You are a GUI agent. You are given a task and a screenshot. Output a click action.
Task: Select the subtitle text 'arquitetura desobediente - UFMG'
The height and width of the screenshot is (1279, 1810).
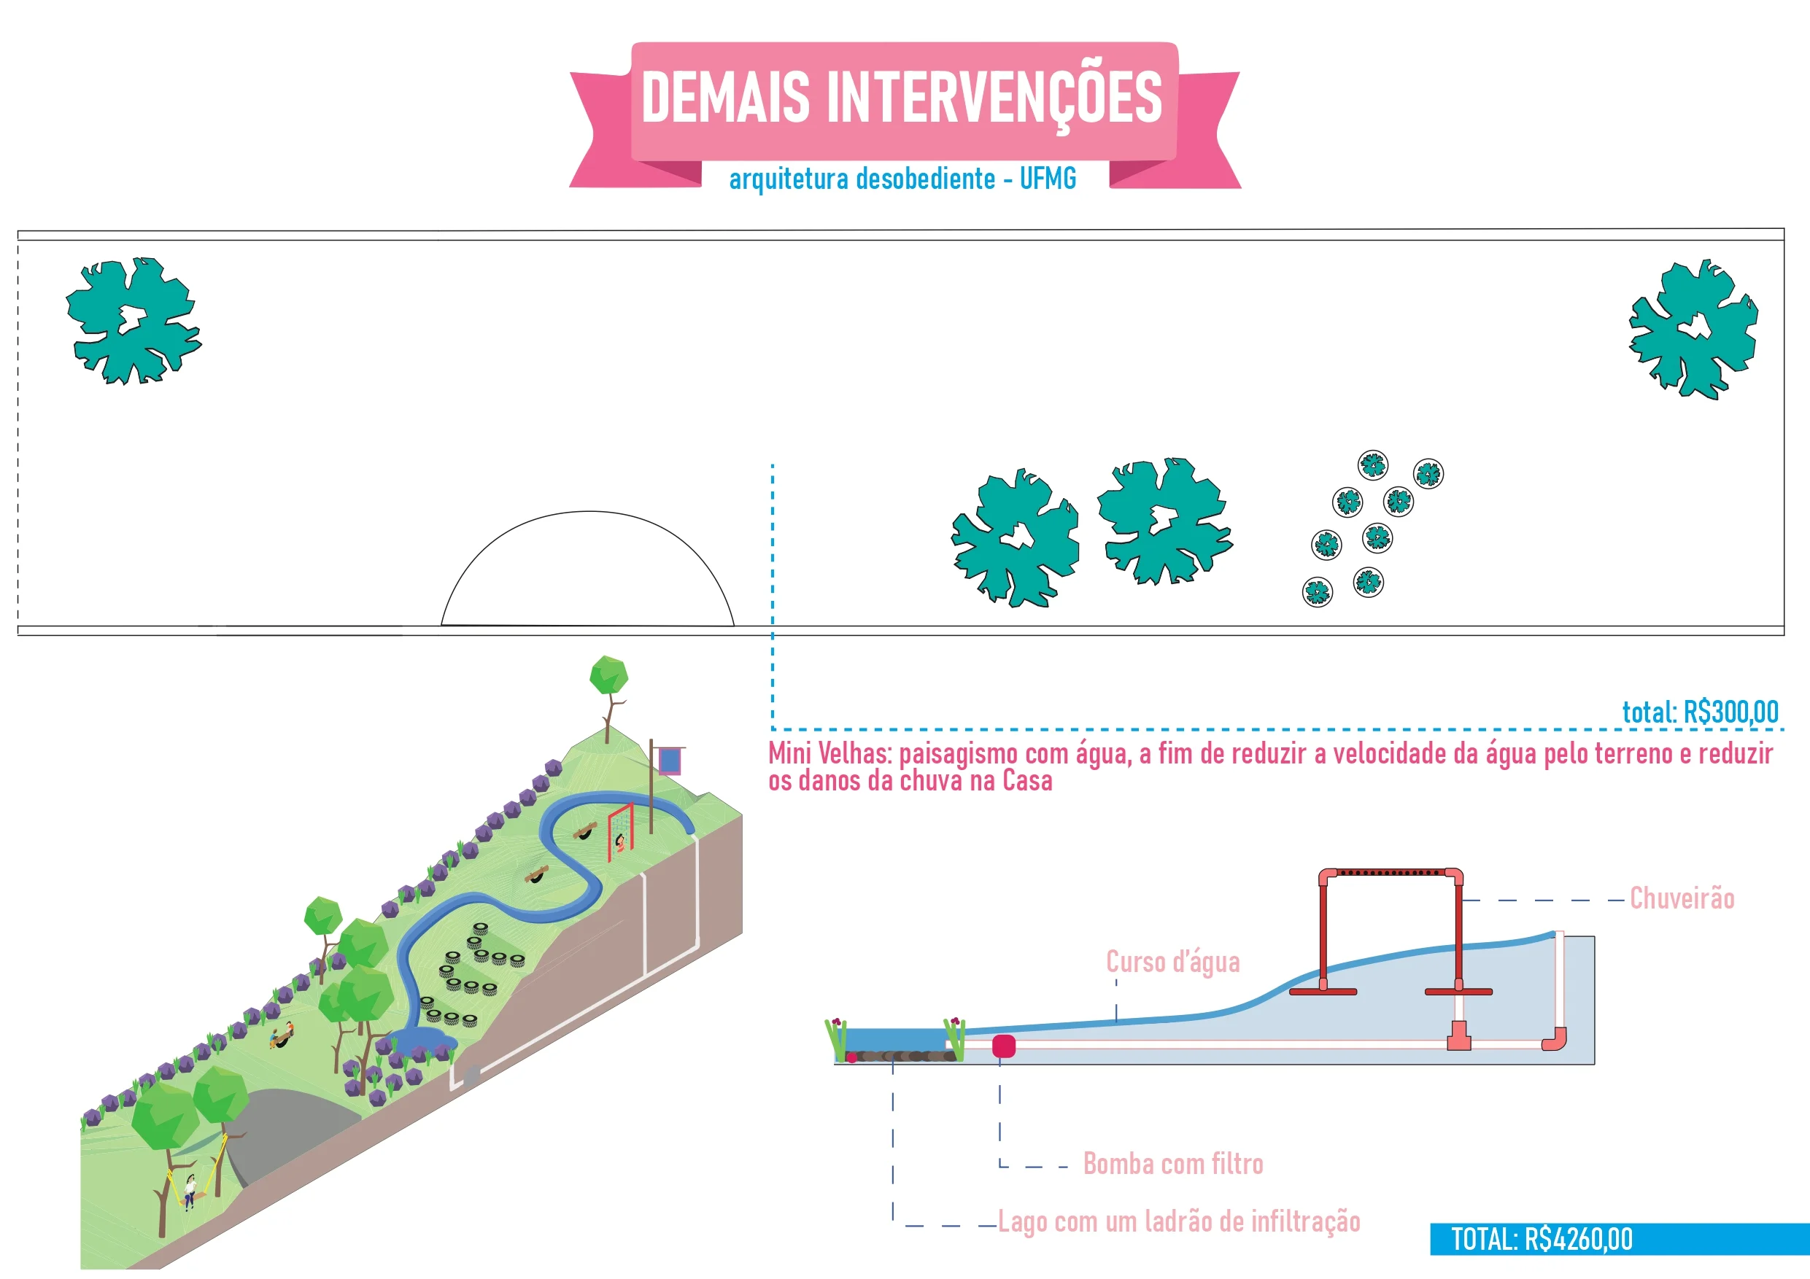click(x=902, y=179)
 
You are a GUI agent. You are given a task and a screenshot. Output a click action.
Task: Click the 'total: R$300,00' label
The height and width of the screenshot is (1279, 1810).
click(x=1700, y=712)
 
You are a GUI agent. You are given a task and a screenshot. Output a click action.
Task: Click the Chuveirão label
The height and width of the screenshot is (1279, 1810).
click(x=1682, y=899)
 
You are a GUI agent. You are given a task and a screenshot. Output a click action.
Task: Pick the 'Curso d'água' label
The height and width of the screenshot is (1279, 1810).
click(x=1172, y=963)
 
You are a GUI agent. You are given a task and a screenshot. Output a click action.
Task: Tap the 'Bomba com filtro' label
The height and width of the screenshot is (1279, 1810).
click(x=1172, y=1164)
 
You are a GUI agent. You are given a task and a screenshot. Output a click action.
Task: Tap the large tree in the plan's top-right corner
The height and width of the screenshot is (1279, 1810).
click(x=1693, y=329)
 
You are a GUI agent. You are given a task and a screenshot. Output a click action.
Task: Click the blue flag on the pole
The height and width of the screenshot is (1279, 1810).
click(x=669, y=761)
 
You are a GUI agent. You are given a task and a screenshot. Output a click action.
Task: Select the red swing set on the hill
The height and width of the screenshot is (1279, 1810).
click(x=620, y=832)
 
